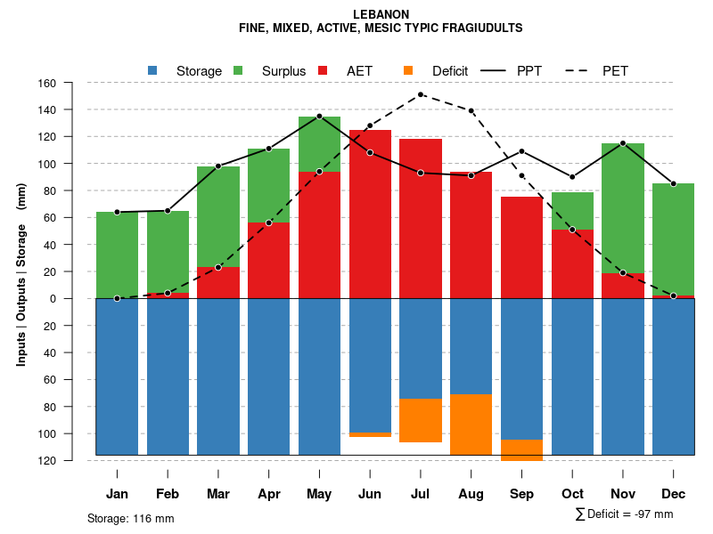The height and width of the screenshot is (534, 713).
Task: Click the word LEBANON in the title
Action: pos(381,14)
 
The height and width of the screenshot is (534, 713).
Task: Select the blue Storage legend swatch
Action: pos(152,70)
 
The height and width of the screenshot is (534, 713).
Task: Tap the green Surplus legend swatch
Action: pos(238,70)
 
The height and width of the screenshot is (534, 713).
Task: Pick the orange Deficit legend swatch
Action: pos(408,70)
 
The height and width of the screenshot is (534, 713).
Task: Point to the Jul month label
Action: pos(421,494)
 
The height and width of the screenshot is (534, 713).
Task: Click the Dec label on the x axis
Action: pos(674,494)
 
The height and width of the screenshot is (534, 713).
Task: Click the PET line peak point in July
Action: pos(421,94)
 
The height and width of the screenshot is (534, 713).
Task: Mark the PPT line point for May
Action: pos(319,117)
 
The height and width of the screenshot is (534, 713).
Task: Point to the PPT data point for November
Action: pos(623,143)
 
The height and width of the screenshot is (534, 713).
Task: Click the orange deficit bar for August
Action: pos(471,425)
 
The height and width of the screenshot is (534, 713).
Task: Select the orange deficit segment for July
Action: pos(421,420)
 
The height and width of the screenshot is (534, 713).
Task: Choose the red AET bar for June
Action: pos(370,214)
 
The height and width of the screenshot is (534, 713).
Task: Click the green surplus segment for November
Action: pos(623,208)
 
